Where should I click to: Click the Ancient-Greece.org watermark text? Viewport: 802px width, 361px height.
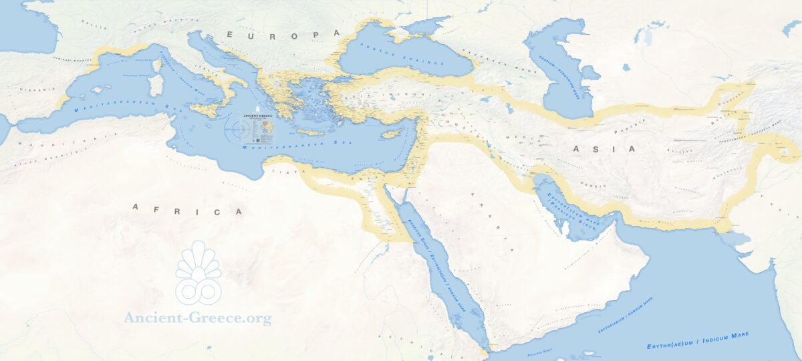point(198,318)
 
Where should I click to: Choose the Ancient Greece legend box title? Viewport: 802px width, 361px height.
point(257,116)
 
